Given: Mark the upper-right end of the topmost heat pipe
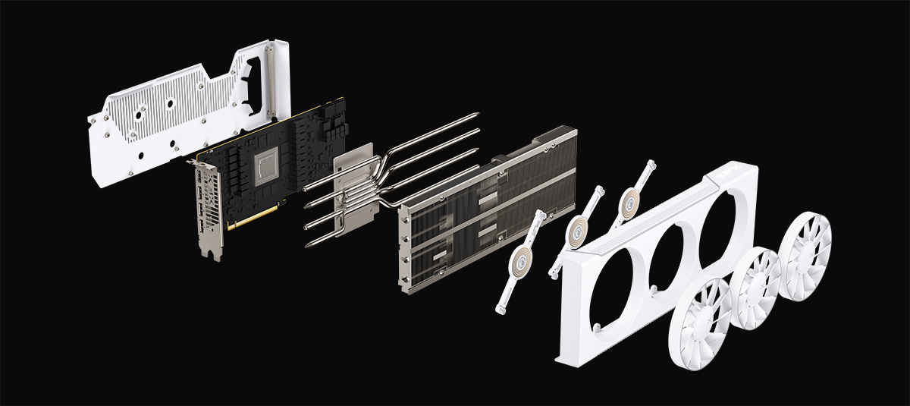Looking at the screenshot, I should [x=475, y=115].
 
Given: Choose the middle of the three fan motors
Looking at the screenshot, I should [x=580, y=228].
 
